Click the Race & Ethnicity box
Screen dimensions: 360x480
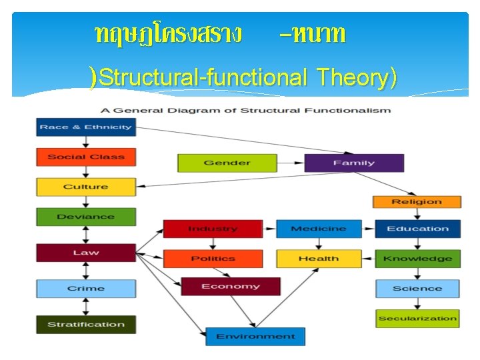point(85,127)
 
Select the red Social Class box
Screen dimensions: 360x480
point(85,157)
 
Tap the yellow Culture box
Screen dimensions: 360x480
point(85,187)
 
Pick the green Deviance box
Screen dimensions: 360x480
point(85,217)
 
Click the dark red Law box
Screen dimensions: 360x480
point(85,253)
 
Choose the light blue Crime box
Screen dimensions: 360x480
point(85,289)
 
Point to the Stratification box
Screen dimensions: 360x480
point(85,325)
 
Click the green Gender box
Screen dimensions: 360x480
point(227,163)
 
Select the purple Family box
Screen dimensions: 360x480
point(354,163)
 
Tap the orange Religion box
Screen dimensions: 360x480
point(417,201)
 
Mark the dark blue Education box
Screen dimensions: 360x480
point(417,229)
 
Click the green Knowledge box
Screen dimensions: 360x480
point(417,259)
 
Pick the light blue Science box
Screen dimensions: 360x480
point(417,289)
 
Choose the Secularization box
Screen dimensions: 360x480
point(417,319)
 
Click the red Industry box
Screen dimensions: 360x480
point(213,229)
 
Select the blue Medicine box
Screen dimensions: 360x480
point(319,229)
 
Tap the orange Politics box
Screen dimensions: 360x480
point(213,259)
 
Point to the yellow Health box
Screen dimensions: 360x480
point(319,259)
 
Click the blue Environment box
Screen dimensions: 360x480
point(255,337)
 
